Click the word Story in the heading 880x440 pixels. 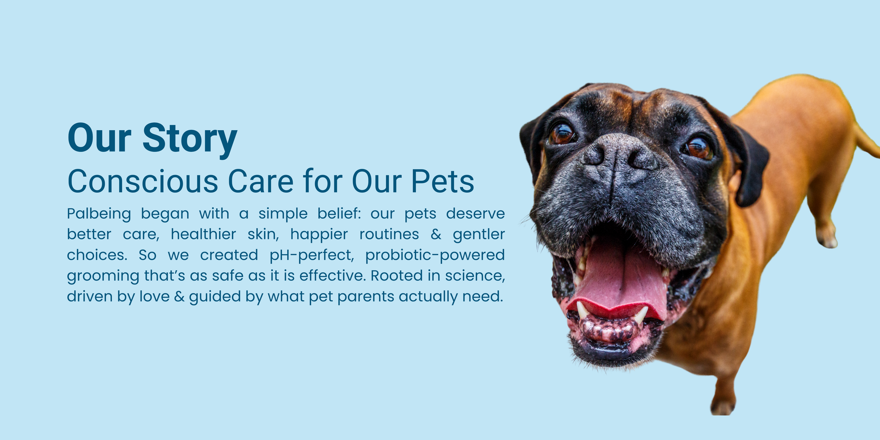190,139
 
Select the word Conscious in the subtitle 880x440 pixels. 143,181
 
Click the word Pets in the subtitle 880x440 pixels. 443,181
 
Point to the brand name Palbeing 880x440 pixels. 99,214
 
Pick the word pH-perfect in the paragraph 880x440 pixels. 312,256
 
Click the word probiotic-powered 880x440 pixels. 435,256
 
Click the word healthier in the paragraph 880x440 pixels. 203,234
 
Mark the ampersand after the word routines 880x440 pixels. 436,235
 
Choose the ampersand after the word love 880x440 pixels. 179,297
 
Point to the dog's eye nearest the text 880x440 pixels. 562,133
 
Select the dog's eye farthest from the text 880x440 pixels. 698,148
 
